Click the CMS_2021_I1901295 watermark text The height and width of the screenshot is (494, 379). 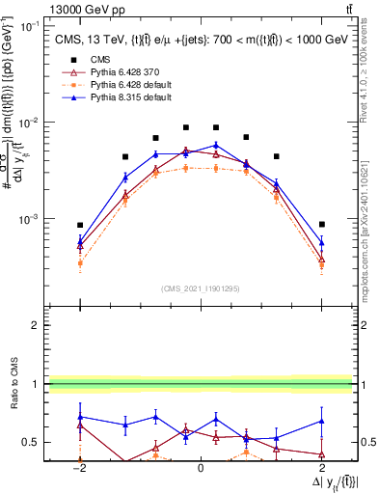[x=200, y=288]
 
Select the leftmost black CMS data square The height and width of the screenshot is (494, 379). [x=80, y=225]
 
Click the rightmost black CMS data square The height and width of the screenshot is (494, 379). [x=322, y=224]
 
